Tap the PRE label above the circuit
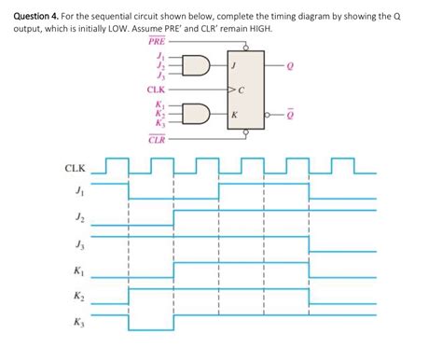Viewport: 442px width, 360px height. [x=157, y=44]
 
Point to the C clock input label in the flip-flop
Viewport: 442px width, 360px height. [x=240, y=90]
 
